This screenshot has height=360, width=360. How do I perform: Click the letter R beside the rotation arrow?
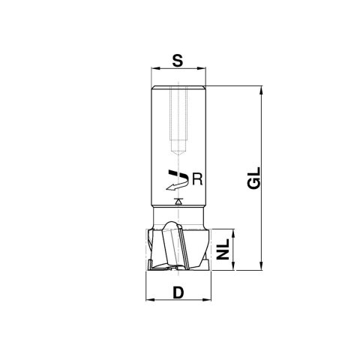196,178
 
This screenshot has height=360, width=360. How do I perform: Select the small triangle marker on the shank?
178,202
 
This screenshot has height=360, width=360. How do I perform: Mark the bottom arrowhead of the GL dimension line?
262,265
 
